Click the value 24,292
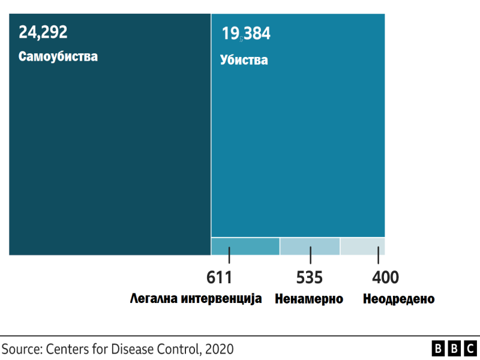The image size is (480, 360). click(43, 32)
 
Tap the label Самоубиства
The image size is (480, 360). click(58, 57)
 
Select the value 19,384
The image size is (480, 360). click(246, 34)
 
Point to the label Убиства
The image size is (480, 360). click(244, 60)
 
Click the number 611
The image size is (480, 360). click(219, 278)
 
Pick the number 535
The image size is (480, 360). click(310, 278)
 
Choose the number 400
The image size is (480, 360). click(385, 278)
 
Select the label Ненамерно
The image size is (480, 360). click(309, 299)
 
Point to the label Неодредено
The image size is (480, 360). click(398, 299)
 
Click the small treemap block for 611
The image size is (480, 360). click(245, 247)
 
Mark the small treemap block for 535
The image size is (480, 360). click(310, 247)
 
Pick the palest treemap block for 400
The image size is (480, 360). click(362, 247)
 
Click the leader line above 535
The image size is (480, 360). click(310, 254)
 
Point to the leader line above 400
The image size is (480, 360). click(378, 254)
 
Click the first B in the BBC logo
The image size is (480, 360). click(438, 349)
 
